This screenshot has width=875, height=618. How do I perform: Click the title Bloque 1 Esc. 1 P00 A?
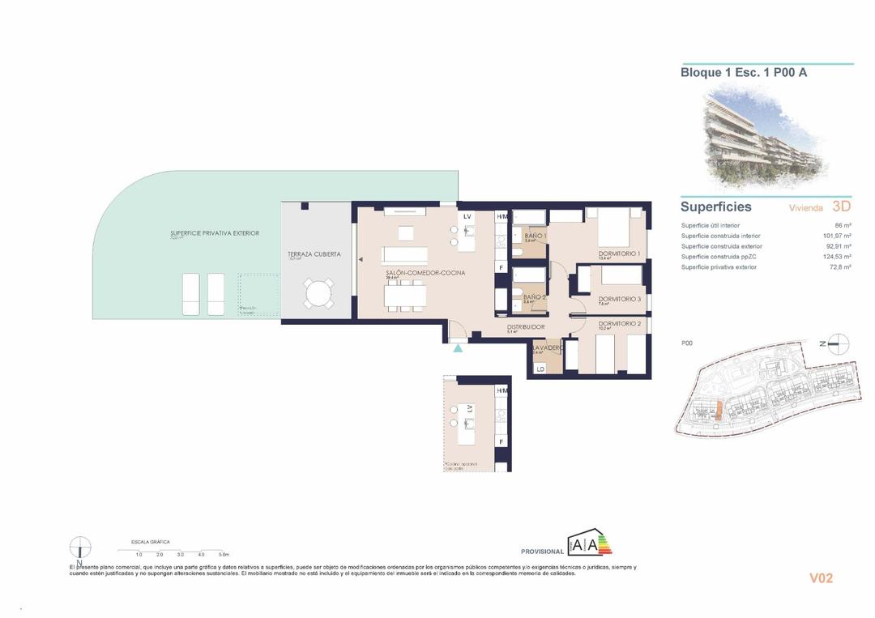743,72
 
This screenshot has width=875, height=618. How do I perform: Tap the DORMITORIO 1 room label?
619,254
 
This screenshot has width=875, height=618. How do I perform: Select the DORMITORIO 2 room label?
619,323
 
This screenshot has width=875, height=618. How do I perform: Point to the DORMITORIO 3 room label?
619,299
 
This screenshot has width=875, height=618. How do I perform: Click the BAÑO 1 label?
535,236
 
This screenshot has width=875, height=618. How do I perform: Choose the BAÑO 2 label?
535,297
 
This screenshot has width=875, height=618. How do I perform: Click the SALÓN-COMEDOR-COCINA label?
425,273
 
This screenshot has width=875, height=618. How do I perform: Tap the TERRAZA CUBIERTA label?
314,254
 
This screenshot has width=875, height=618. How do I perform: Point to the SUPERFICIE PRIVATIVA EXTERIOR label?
215,232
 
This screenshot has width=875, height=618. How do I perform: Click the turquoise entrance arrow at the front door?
459,348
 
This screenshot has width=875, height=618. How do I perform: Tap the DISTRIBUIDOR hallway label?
526,327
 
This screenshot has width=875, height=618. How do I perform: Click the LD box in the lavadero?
540,369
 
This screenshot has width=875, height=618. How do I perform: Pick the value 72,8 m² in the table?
839,266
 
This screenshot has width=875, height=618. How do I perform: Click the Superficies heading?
715,207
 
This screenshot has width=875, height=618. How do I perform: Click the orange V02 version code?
821,578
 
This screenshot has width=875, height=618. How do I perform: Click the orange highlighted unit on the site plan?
716,411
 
